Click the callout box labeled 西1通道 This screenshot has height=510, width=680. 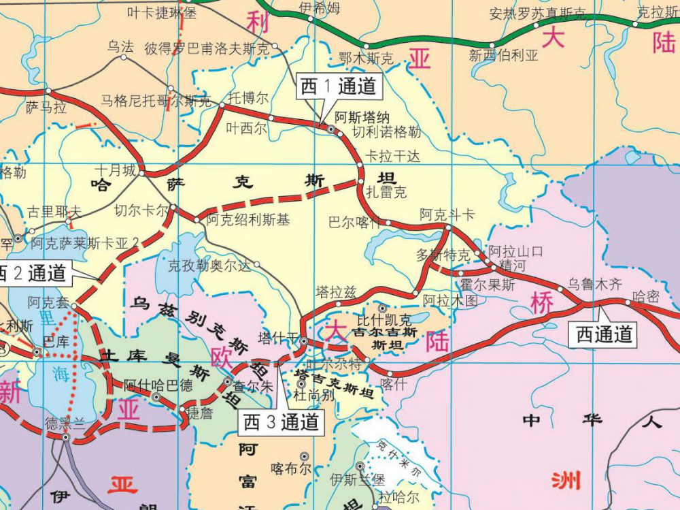click(x=338, y=87)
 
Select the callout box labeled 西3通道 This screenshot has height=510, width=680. click(x=281, y=422)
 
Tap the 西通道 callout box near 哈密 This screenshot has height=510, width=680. click(x=604, y=334)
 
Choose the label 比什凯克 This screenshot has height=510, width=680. click(x=384, y=319)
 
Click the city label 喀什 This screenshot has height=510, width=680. click(x=393, y=383)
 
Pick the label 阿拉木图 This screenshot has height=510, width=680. click(x=449, y=300)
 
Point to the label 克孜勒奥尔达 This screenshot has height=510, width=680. click(x=209, y=266)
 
